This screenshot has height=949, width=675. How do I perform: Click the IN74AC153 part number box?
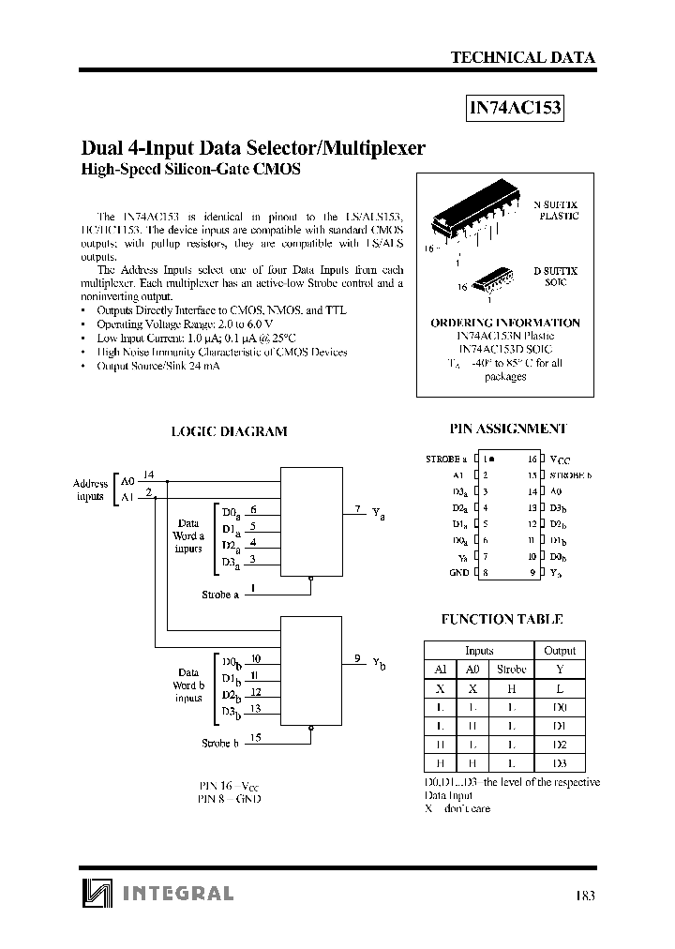(x=515, y=108)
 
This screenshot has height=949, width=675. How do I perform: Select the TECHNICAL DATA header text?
(x=522, y=57)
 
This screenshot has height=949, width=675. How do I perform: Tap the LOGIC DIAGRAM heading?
(x=229, y=431)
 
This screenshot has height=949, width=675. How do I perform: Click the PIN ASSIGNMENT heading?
(x=507, y=428)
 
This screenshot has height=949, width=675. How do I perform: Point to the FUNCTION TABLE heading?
(x=502, y=619)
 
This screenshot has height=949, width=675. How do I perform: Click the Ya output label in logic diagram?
(x=378, y=514)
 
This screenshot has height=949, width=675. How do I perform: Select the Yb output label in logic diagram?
(x=378, y=663)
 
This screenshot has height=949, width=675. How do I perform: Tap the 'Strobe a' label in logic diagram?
(x=220, y=595)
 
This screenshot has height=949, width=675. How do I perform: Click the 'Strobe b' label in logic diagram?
(x=220, y=743)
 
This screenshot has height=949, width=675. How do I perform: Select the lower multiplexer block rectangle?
(x=310, y=670)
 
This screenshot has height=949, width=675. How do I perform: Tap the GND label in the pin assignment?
(x=458, y=571)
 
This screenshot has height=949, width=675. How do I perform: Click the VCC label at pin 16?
(x=559, y=460)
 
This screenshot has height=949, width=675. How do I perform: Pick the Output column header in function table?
(x=560, y=650)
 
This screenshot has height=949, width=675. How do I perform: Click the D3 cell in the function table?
(x=560, y=763)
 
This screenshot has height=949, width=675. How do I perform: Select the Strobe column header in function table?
(x=511, y=670)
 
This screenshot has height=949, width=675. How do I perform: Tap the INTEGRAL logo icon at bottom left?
(x=96, y=893)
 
